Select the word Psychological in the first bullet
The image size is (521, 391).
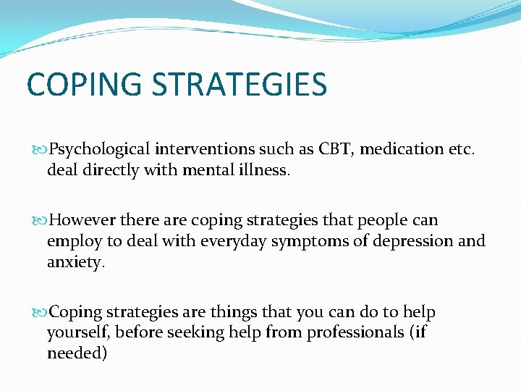98,150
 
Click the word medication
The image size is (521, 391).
402,148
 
